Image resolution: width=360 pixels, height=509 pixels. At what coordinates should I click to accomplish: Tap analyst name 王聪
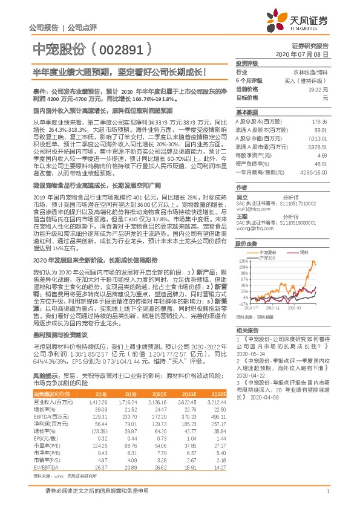[242, 215]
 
